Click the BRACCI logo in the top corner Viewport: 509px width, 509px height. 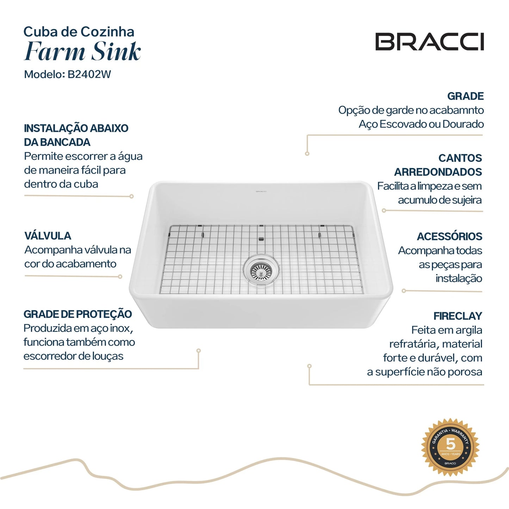(x=429, y=42)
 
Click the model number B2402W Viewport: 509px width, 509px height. (x=89, y=74)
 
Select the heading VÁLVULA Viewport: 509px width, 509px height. (x=48, y=236)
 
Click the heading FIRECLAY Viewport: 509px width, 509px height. (x=458, y=316)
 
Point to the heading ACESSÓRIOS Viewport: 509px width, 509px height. (x=449, y=236)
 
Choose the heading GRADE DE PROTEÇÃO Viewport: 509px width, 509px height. (x=77, y=314)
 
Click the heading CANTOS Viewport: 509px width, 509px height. (x=460, y=158)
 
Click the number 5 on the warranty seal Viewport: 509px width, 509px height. (x=451, y=443)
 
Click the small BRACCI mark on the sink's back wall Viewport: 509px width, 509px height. (x=261, y=192)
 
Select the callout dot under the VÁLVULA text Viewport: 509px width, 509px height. (x=120, y=277)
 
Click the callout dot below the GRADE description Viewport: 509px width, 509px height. (x=307, y=154)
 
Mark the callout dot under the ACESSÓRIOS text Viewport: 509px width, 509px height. (x=404, y=291)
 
